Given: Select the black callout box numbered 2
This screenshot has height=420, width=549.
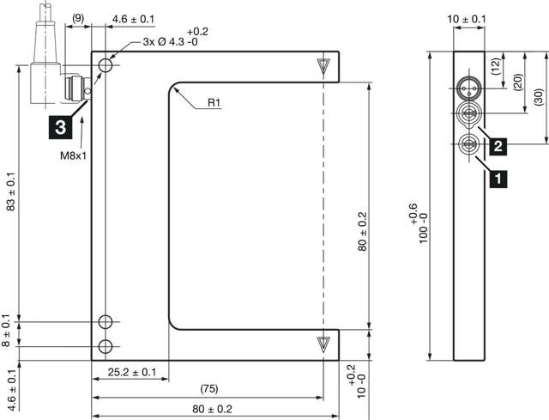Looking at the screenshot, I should coord(498,146).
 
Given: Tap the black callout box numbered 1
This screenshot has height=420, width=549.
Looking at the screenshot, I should coord(498,179).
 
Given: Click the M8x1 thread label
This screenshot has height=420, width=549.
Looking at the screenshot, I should coord(75,156).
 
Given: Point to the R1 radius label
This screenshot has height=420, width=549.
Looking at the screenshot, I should coord(214,103).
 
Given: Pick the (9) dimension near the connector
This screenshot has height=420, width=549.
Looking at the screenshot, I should coord(78,18).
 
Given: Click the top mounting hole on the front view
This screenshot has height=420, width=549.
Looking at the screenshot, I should coord(106,65).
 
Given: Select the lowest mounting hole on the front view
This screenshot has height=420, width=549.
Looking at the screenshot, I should coord(106,346).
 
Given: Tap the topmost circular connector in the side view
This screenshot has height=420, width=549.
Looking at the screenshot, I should coord(468,88).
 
